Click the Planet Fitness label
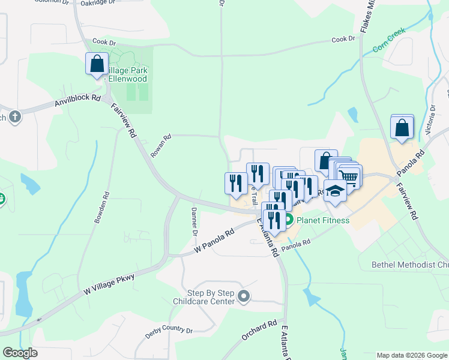click(323, 220)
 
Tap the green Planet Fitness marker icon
click(288, 220)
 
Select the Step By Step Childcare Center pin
click(244, 296)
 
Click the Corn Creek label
click(389, 39)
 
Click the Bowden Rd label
click(101, 208)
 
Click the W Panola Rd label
click(212, 242)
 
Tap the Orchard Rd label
click(260, 328)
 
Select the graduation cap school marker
click(336, 190)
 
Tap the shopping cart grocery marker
click(350, 176)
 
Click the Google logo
click(20, 353)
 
